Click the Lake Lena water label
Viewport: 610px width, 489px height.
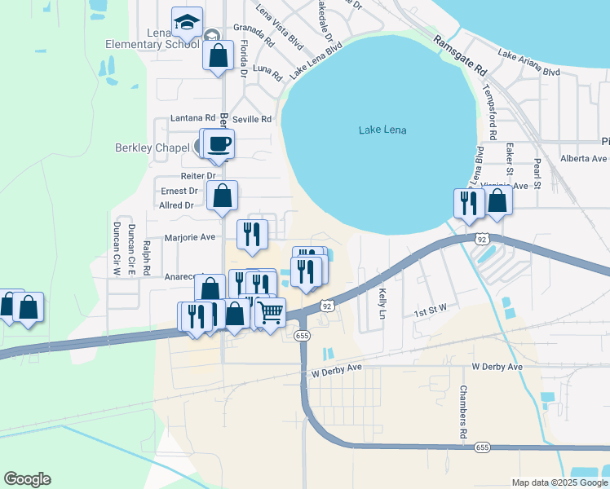tap(382, 130)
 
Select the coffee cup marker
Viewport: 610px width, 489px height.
tap(219, 144)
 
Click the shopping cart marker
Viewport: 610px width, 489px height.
tap(271, 311)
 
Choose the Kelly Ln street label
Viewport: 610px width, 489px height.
tap(381, 302)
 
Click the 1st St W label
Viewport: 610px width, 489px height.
tap(431, 311)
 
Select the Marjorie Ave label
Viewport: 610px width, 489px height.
tap(189, 238)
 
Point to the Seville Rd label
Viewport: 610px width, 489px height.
tap(252, 119)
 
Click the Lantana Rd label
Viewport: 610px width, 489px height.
tap(192, 118)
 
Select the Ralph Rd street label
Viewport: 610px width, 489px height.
tap(147, 257)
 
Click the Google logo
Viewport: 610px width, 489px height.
tap(27, 479)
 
